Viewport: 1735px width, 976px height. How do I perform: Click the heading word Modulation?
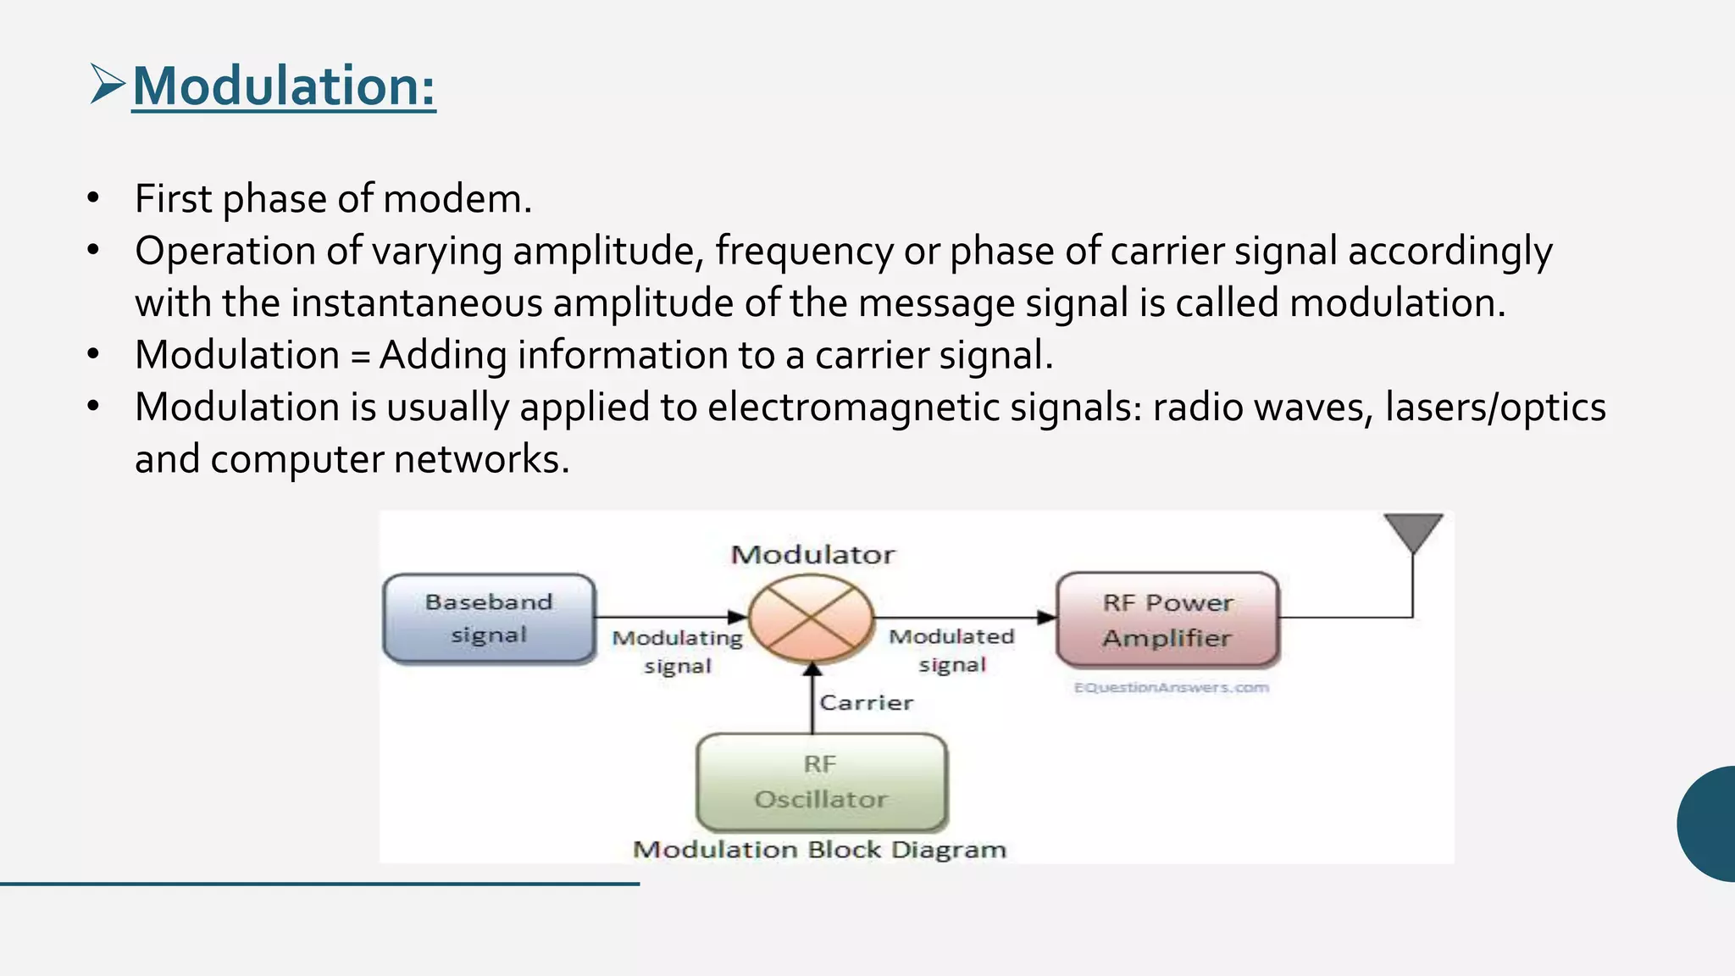click(284, 86)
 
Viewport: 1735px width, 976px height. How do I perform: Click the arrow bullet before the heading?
click(107, 85)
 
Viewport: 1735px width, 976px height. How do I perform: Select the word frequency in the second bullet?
click(803, 252)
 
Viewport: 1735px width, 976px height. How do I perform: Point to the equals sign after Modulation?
click(360, 356)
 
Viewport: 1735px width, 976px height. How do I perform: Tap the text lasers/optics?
click(1495, 408)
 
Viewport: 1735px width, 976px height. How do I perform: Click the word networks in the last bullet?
click(481, 460)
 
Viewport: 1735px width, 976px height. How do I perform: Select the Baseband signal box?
click(489, 618)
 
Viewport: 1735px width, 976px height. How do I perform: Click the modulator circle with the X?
click(811, 618)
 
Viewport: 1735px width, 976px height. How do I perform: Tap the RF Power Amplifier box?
click(1167, 620)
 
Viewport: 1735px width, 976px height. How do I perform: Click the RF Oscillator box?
click(820, 782)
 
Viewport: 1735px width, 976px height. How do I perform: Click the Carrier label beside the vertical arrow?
click(866, 702)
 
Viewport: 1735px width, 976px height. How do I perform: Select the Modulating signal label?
click(677, 651)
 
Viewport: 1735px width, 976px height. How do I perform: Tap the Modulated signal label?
click(951, 650)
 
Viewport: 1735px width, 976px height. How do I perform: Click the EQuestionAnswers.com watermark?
click(1171, 687)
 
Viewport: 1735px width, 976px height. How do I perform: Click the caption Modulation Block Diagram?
click(819, 850)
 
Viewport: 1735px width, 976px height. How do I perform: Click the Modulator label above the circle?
click(812, 555)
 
